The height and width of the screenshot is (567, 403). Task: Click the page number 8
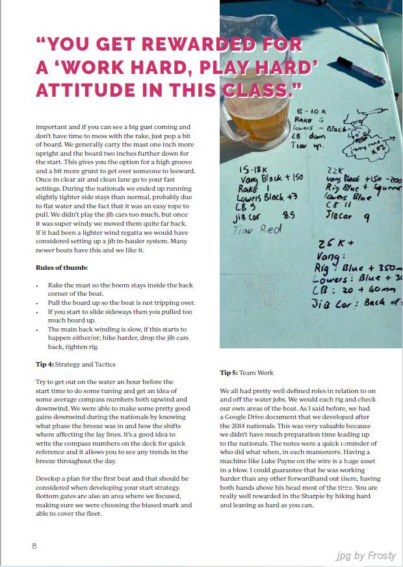click(x=34, y=546)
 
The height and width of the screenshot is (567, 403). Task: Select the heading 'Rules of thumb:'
click(x=61, y=267)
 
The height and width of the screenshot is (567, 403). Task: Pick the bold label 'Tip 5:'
click(x=229, y=373)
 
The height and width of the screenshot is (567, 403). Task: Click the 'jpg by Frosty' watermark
click(x=366, y=555)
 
